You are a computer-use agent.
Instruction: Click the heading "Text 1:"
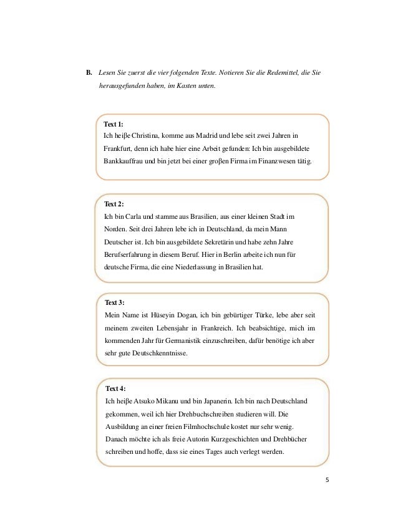coord(114,124)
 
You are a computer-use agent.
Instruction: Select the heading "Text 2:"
coord(114,204)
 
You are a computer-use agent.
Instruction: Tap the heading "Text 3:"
coord(115,302)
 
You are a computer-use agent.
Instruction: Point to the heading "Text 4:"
coord(116,388)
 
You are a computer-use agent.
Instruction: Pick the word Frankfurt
coord(119,148)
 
